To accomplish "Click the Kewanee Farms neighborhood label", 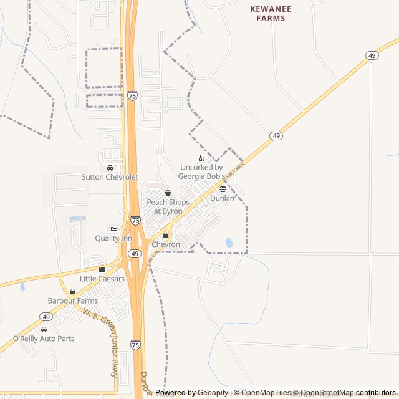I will click(x=267, y=14).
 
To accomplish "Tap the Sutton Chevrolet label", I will click(x=110, y=177).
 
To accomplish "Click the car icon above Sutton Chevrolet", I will click(x=110, y=168).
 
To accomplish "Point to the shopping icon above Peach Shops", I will click(x=168, y=193).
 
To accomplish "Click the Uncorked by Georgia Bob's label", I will click(x=201, y=172).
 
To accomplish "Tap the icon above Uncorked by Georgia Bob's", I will click(x=201, y=158).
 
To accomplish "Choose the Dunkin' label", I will click(x=223, y=198).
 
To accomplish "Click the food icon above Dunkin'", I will click(x=223, y=189).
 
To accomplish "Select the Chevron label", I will click(x=166, y=245).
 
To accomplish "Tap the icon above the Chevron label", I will click(x=165, y=235).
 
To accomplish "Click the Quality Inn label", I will click(x=113, y=238).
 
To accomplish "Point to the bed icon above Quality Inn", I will click(x=113, y=229).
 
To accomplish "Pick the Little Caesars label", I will click(x=102, y=279).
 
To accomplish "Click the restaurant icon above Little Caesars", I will click(x=102, y=269).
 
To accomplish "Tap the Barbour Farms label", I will click(x=73, y=301).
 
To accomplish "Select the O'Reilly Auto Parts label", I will click(x=44, y=339).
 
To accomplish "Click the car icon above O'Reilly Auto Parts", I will click(x=44, y=329).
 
